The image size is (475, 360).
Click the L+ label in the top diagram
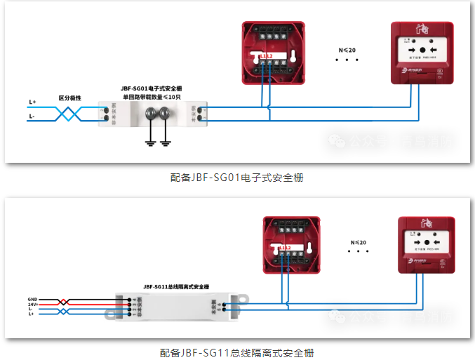[32, 102]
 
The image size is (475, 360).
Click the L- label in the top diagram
[32, 116]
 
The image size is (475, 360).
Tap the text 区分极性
[69, 98]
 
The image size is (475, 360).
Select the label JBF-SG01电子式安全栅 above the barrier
[151, 88]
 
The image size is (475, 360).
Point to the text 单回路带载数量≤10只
[152, 97]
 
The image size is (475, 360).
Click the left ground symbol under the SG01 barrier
[149, 143]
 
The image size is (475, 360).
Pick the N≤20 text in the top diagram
[347, 51]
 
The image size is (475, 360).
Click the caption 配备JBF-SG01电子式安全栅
[236, 178]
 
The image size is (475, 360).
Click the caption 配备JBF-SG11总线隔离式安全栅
[236, 352]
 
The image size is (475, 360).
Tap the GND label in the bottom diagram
[32, 299]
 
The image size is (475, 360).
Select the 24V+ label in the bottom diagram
[32, 304]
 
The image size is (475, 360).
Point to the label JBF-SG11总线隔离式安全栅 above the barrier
[176, 286]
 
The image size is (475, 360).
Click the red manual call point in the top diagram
[419, 53]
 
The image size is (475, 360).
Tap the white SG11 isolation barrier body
[175, 307]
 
